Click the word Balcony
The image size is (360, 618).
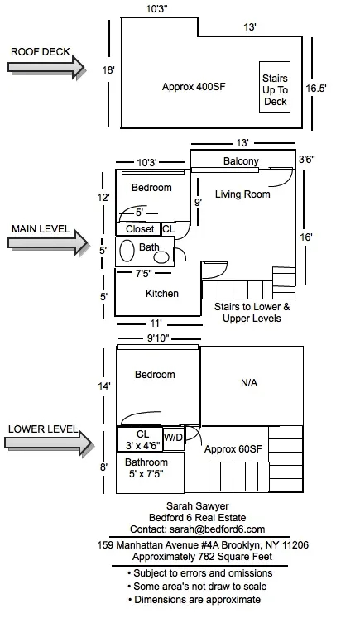241,160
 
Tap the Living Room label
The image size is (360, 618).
242,194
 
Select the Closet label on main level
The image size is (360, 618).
139,229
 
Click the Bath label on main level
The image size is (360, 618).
149,247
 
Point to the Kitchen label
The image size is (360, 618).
162,294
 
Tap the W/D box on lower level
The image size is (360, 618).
173,436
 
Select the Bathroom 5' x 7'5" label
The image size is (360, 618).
146,468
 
